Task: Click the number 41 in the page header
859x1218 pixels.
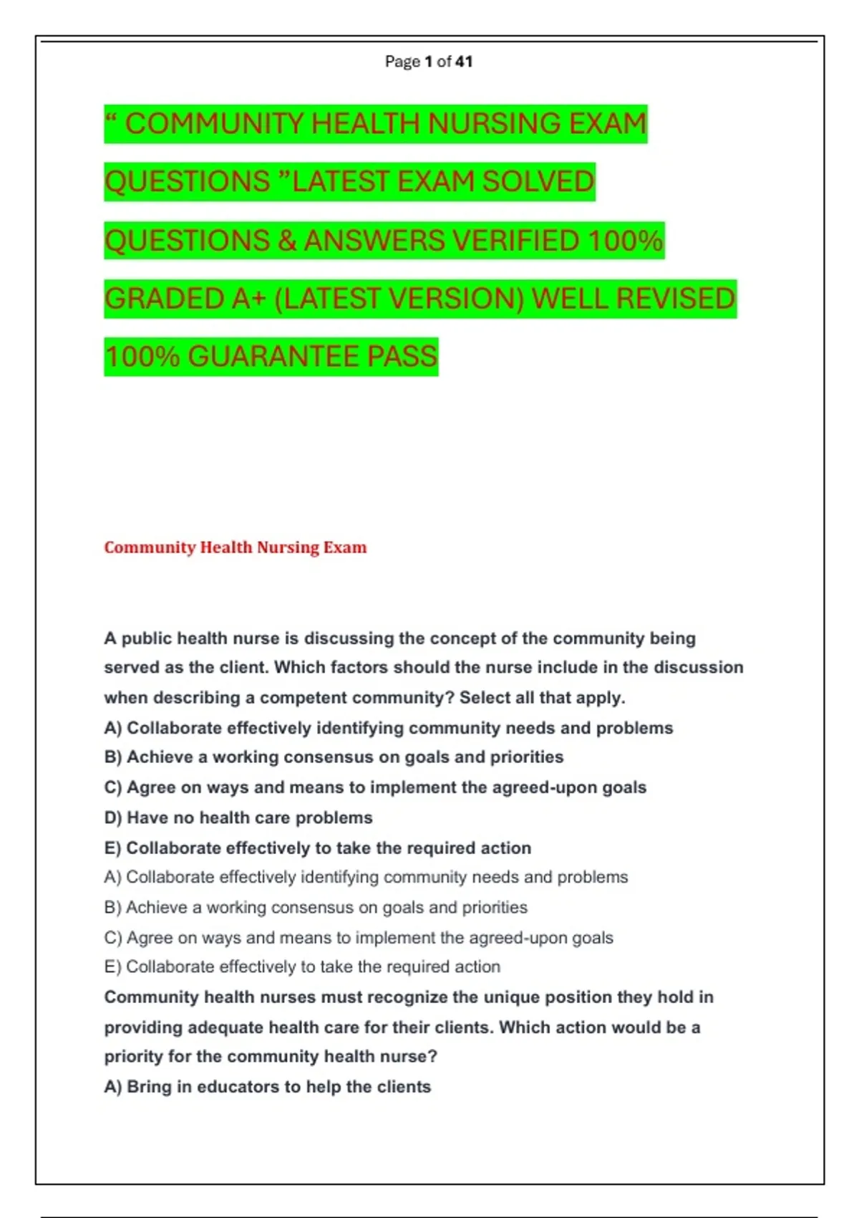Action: pos(464,62)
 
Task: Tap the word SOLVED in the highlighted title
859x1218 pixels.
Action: pos(538,181)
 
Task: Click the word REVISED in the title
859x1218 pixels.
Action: pos(675,298)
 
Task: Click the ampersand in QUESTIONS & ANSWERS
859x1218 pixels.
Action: pos(287,240)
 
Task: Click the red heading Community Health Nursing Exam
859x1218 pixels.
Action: pos(236,547)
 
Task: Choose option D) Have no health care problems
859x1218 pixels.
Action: pos(238,817)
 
